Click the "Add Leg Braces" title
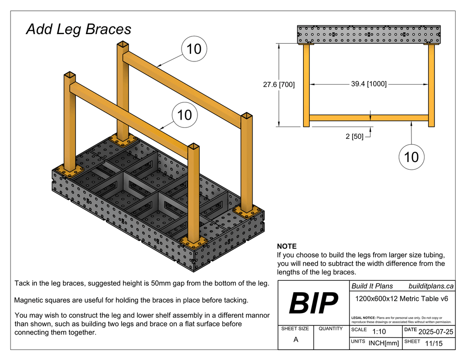click(x=79, y=30)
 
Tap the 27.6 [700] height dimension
click(x=279, y=84)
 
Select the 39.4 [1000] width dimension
click(x=369, y=84)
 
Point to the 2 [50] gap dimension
click(x=355, y=136)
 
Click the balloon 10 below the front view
click(x=411, y=157)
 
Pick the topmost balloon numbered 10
click(x=194, y=49)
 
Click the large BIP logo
click(x=314, y=303)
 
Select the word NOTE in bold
click(x=287, y=246)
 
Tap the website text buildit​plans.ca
click(x=431, y=286)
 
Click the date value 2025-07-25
click(x=435, y=331)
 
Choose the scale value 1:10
click(x=379, y=332)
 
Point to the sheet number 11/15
click(x=433, y=343)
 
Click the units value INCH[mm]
click(x=383, y=343)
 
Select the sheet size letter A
click(x=296, y=340)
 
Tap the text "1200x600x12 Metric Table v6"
click(x=401, y=299)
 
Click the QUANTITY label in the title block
click(x=330, y=329)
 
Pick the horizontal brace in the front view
click(x=369, y=118)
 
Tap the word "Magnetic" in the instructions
click(x=30, y=300)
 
